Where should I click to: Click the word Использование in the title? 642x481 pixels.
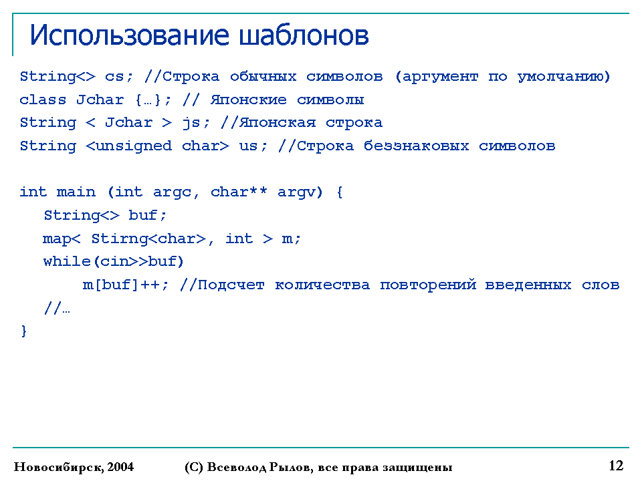point(129,35)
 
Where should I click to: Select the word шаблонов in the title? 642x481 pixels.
point(304,35)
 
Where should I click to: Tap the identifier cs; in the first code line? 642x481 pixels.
point(119,76)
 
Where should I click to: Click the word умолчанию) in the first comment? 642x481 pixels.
point(564,77)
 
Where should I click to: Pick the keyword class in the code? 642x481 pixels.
point(43,100)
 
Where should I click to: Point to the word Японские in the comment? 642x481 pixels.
point(249,100)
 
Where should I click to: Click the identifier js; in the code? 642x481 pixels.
point(196,123)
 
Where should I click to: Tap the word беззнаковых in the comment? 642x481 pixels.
point(417,146)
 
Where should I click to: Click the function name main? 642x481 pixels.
point(76,192)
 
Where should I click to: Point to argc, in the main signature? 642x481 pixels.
point(176,192)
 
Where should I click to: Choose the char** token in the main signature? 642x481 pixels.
point(239,192)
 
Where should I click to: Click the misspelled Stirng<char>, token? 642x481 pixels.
point(152,238)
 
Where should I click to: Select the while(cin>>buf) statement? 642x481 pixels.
point(114,261)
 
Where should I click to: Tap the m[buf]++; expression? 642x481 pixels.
point(125,285)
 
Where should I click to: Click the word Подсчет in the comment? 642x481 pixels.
point(231,285)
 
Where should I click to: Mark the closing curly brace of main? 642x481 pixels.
point(24,331)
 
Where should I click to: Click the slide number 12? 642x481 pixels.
point(616,466)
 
